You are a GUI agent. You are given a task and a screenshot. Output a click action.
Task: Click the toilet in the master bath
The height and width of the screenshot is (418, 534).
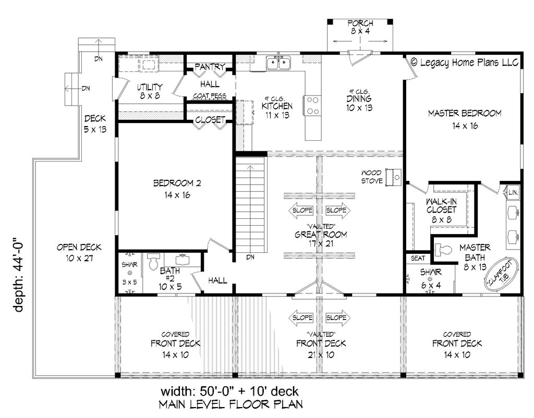[x=443, y=250]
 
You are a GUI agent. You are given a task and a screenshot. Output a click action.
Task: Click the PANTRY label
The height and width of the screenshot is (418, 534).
[x=209, y=67]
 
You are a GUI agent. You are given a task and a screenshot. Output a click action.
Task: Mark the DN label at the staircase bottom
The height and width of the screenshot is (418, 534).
[x=250, y=256]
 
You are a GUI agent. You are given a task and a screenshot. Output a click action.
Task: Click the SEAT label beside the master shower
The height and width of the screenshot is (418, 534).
[x=418, y=258]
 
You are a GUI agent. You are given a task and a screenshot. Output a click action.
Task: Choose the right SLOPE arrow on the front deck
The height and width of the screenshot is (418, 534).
[x=337, y=317]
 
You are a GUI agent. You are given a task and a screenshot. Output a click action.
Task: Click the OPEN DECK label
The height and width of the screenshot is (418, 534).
[x=79, y=252]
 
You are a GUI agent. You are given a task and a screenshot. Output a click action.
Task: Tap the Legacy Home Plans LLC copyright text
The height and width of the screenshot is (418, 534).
[x=464, y=62]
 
